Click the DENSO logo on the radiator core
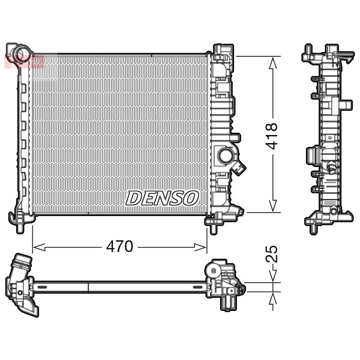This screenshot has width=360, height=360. click(162, 198)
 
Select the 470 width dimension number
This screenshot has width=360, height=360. click(120, 247)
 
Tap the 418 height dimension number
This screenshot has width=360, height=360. click(272, 136)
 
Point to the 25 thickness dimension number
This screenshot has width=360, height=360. click(272, 254)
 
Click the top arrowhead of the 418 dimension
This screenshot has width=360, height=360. click(273, 63)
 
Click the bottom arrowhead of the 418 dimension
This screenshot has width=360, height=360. click(273, 206)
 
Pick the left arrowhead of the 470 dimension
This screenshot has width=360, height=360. click(39, 247)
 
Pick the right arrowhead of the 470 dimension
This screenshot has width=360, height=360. click(200, 247)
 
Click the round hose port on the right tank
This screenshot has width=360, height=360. click(225, 156)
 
